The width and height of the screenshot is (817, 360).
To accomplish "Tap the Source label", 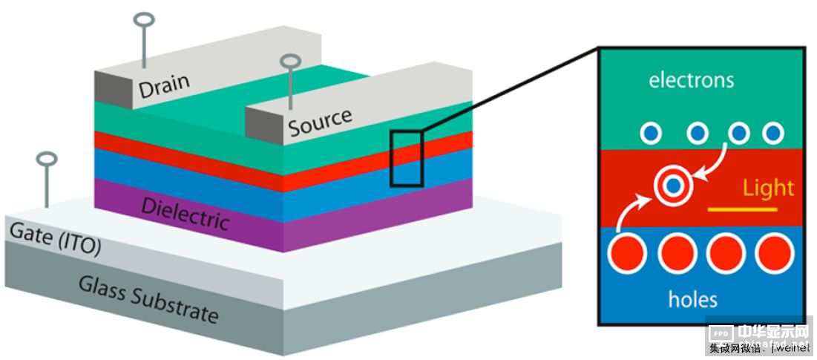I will [x=320, y=122].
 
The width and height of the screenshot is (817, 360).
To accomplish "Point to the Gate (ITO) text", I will [x=55, y=239].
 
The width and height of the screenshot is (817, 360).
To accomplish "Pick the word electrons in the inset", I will [x=691, y=79].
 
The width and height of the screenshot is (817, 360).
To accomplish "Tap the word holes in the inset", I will [x=692, y=299].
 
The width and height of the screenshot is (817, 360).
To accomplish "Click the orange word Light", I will [x=768, y=188].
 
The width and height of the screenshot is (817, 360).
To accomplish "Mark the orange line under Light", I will [x=743, y=210].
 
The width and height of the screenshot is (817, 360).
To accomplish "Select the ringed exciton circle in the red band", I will [x=672, y=185].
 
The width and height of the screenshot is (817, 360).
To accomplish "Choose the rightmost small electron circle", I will [x=772, y=133].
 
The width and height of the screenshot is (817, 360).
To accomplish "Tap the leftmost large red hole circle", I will [x=628, y=254].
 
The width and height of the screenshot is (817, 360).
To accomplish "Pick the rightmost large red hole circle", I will [x=774, y=254].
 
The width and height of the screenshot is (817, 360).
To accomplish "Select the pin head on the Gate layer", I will [x=47, y=159].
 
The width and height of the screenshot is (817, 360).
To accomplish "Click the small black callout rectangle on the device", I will [x=407, y=157].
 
